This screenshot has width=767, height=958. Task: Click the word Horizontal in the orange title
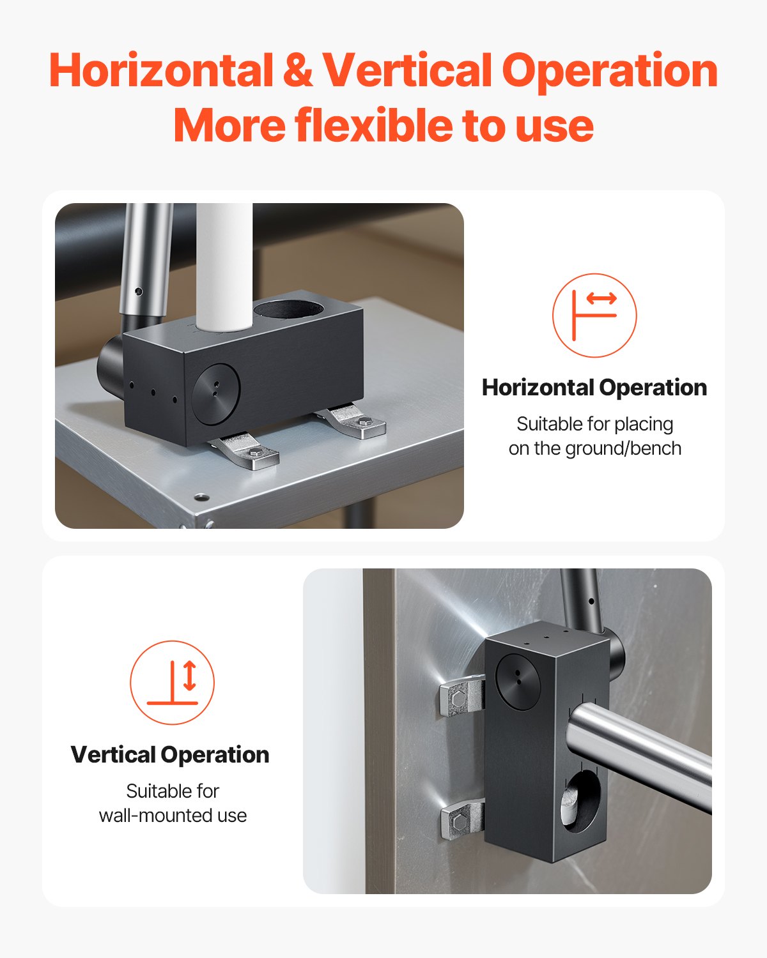click(161, 70)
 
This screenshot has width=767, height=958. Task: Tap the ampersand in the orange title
click(298, 70)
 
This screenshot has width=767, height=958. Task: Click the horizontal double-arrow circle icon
click(594, 315)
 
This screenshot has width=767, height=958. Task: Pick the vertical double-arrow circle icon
click(172, 683)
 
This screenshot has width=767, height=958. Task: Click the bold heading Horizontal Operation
click(594, 387)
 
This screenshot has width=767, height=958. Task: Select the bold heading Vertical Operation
click(170, 754)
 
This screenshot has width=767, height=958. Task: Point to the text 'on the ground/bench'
click(595, 448)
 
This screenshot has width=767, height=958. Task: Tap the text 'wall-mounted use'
click(173, 816)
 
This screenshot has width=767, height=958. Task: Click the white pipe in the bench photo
click(224, 266)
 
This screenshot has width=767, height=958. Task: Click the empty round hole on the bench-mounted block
click(288, 309)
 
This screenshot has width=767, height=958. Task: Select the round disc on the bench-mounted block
click(216, 394)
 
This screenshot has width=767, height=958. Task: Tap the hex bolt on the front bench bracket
click(256, 453)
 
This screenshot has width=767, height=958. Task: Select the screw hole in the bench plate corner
click(201, 498)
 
